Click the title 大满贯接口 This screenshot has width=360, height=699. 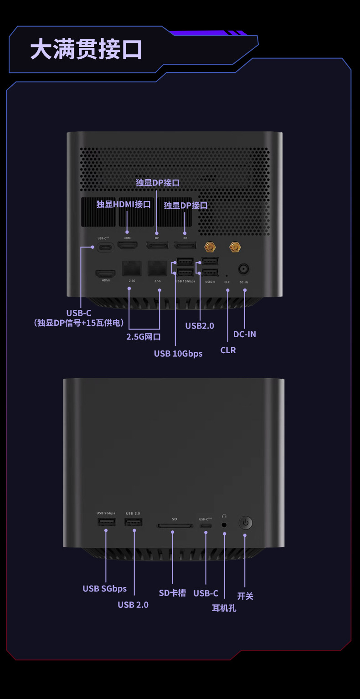86,50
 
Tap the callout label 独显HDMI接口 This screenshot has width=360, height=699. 123,204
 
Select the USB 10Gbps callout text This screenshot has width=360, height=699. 178,354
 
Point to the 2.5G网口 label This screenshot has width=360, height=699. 144,337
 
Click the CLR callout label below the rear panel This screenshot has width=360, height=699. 228,350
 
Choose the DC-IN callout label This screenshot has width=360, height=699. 245,334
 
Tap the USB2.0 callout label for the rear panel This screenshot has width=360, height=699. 200,326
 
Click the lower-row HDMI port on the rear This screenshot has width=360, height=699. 106,273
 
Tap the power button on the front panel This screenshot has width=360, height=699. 246,523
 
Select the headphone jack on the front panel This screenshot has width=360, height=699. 224,524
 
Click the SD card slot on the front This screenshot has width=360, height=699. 175,525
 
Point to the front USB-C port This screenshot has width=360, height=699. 206,525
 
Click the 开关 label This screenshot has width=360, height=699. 245,596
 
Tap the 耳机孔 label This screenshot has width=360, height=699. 224,608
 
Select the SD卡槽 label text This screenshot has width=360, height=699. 172,593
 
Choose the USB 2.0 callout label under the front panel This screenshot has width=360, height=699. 133,605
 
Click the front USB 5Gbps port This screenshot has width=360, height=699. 106,522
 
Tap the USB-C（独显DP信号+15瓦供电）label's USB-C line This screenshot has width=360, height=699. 79,313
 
